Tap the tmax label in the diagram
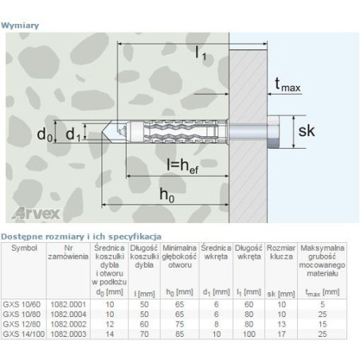287,83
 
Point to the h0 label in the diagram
165,195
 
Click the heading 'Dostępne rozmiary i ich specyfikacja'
81,237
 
